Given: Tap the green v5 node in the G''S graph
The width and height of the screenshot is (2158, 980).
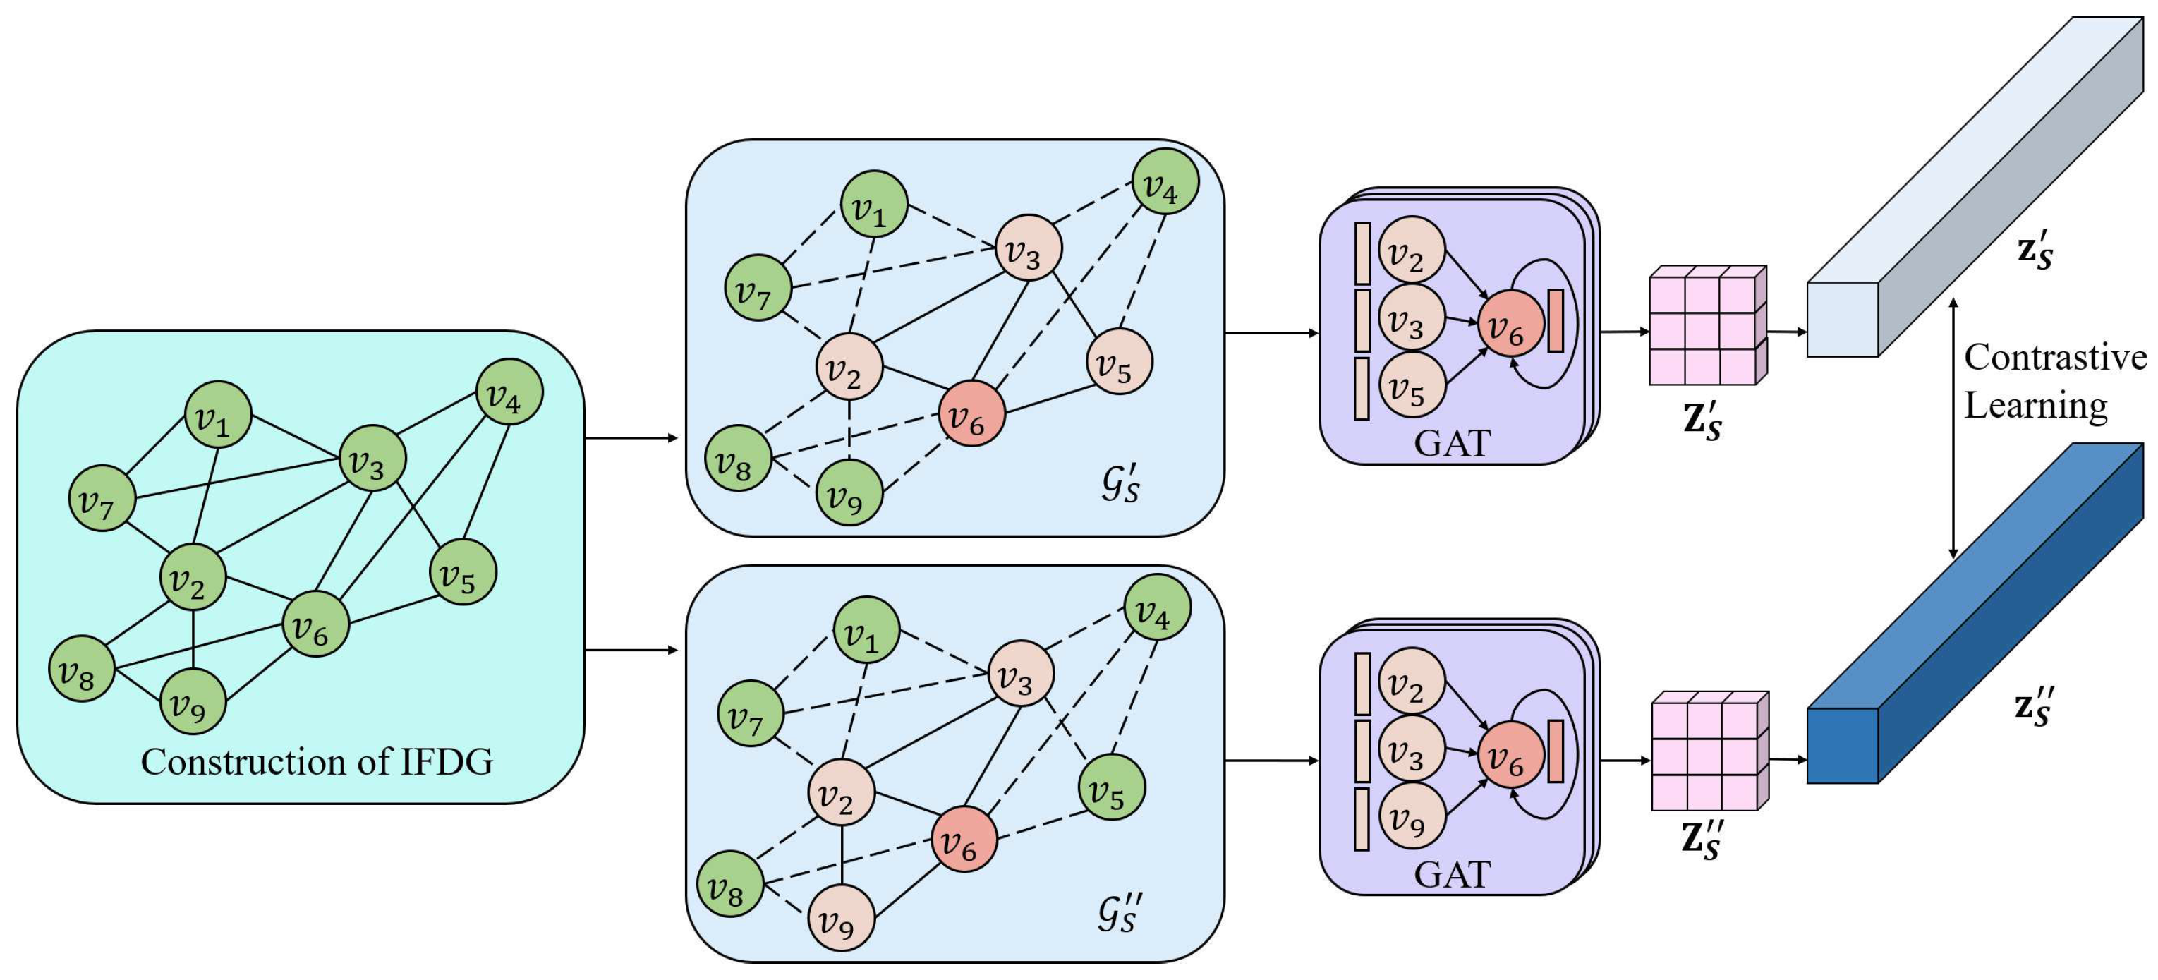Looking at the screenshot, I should (1111, 787).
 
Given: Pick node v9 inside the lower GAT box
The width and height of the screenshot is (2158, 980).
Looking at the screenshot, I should (1412, 817).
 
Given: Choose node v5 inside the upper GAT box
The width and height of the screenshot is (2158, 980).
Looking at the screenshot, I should (1412, 385).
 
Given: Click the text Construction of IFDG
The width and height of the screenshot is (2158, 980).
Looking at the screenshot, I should (317, 761).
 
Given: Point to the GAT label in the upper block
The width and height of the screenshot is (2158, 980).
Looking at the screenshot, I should (1452, 443).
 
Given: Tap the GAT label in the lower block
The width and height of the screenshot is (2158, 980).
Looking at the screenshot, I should (1452, 873).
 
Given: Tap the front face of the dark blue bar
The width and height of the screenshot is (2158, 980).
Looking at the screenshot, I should (1841, 746).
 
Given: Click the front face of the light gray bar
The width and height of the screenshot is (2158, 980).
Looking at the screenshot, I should (1841, 320).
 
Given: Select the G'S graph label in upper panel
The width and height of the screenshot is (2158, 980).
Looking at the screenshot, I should (1120, 484).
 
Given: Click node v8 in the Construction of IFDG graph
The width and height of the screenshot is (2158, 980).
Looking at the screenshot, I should (81, 668).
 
